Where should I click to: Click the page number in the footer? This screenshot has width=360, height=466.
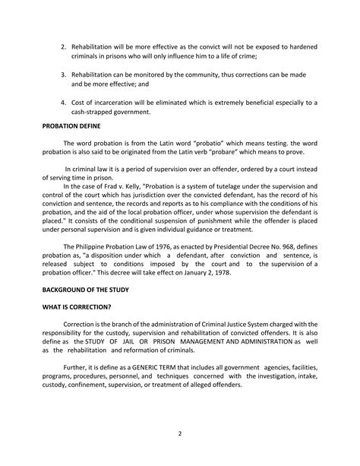(x=180, y=434)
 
